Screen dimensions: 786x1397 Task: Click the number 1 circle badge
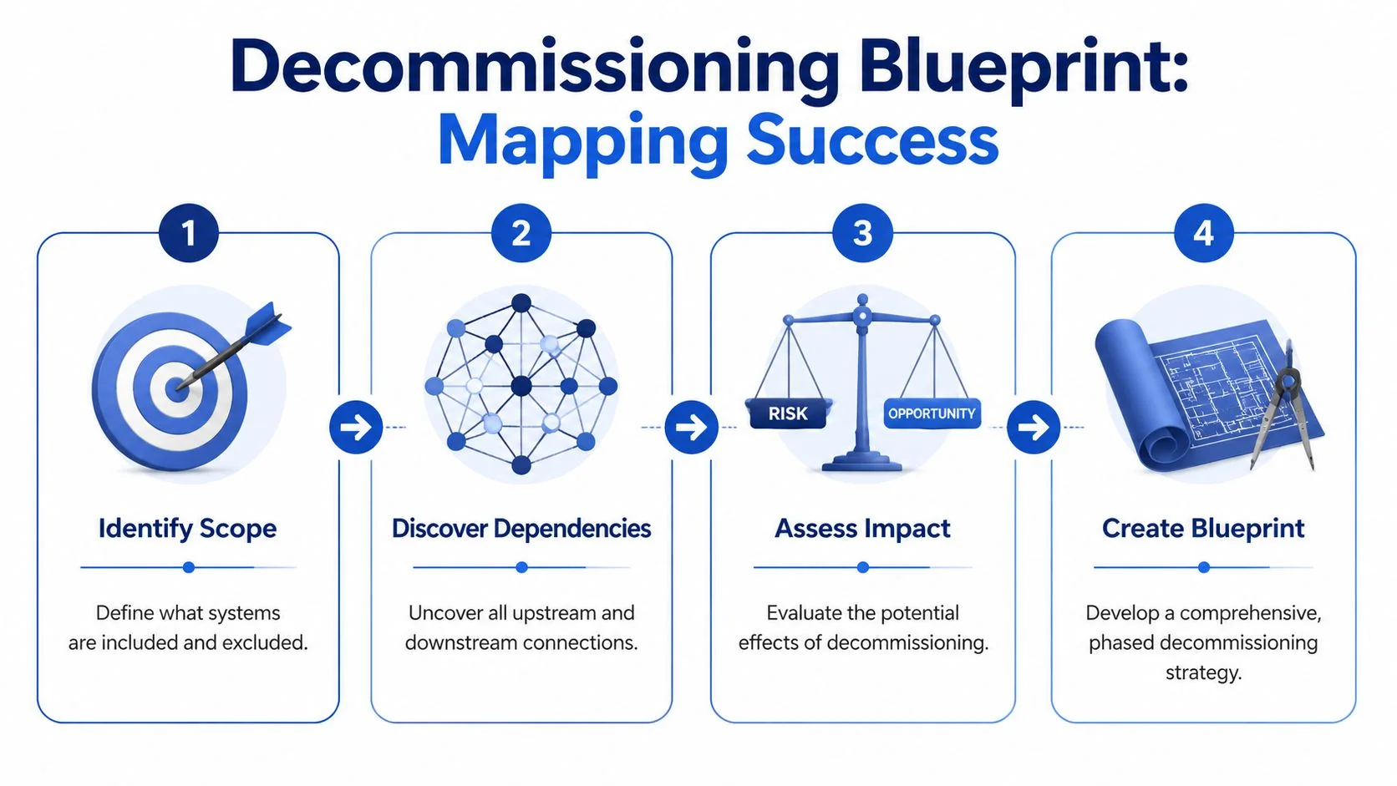coord(189,233)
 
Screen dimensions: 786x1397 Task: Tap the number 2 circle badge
coord(521,233)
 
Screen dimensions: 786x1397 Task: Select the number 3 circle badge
coord(862,233)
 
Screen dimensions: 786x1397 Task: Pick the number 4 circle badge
coord(1203,233)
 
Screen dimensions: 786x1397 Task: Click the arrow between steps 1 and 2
coord(356,428)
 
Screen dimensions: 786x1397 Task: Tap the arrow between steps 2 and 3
coord(691,428)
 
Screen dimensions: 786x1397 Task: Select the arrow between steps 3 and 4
coord(1034,428)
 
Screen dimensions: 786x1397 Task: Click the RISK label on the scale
coord(788,413)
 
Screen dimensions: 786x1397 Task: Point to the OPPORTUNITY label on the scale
coord(932,413)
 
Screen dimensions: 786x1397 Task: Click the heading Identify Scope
coord(187,529)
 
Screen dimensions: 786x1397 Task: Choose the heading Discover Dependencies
coord(521,529)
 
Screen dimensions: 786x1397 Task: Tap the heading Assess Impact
coord(862,529)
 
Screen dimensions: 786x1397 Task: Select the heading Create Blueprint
coord(1203,529)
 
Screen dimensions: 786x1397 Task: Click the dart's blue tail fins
coord(270,324)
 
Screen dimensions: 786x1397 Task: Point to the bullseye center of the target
coord(176,388)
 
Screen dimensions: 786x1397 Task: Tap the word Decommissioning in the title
coord(535,68)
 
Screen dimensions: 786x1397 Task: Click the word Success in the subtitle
coord(871,140)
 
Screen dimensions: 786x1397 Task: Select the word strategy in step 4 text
coord(1203,672)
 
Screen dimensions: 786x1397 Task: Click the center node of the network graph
coord(521,386)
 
